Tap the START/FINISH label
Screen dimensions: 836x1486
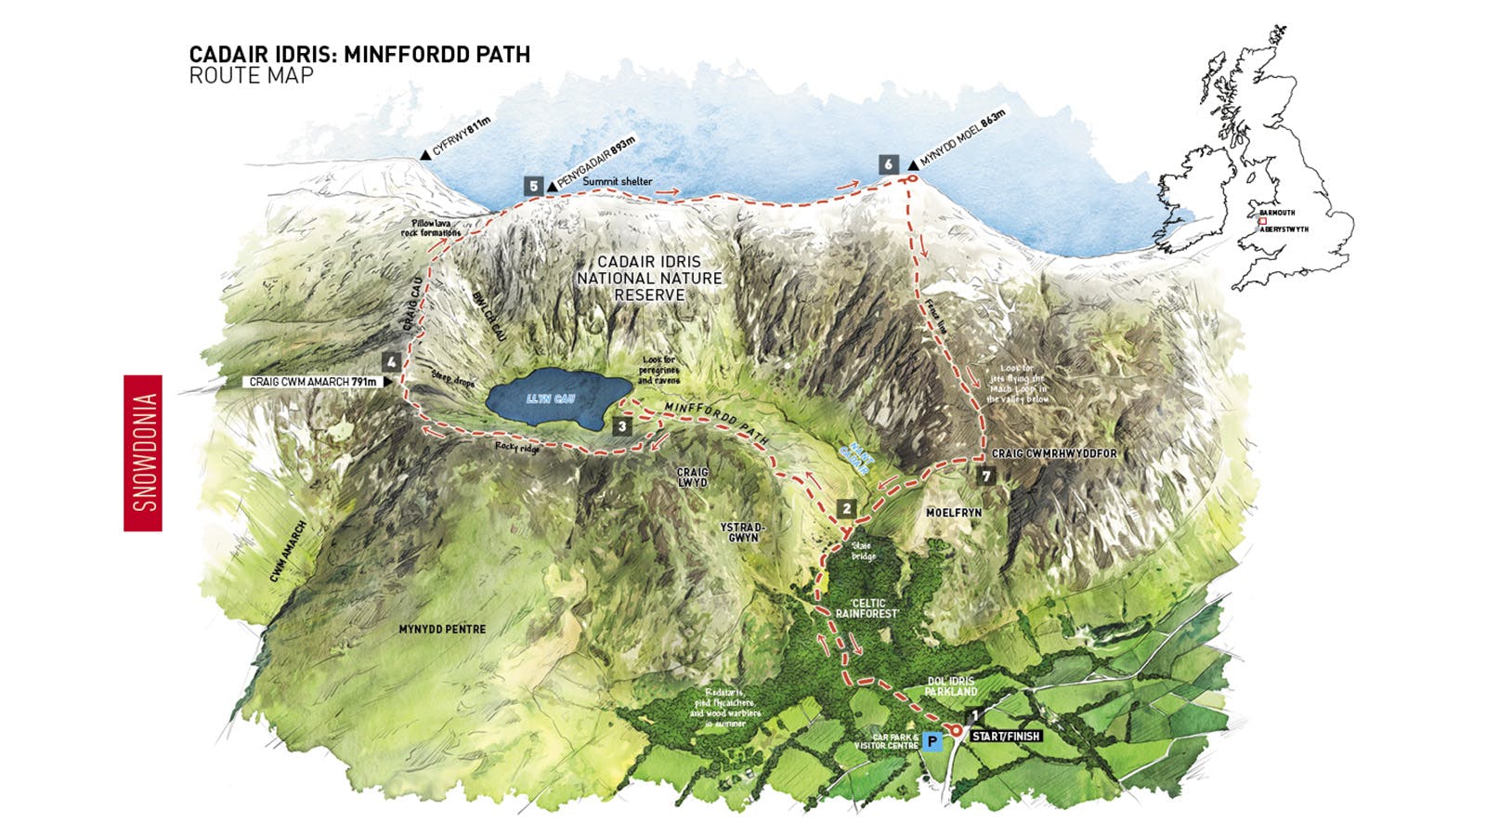(1006, 737)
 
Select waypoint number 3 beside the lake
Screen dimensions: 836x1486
(622, 426)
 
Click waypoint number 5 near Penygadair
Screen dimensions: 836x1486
(533, 186)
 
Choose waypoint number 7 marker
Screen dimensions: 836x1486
(986, 477)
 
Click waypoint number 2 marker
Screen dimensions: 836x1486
(846, 508)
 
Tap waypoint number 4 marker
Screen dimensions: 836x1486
(392, 362)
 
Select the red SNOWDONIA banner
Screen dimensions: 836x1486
(143, 453)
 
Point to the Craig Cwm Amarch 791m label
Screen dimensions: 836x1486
(313, 382)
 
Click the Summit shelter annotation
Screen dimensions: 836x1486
(618, 182)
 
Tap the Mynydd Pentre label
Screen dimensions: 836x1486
(442, 629)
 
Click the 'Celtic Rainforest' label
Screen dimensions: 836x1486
(867, 608)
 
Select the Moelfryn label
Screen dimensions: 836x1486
(954, 513)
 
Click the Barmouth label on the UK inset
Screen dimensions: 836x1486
(1278, 213)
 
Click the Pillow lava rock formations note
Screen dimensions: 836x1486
(431, 228)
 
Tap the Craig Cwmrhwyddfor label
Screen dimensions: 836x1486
(1054, 454)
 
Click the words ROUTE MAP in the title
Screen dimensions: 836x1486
(251, 76)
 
